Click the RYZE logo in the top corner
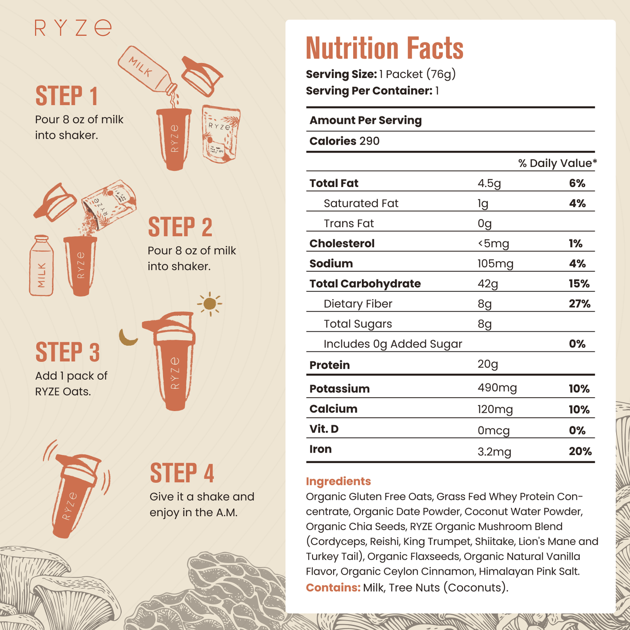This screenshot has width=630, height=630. coord(73,28)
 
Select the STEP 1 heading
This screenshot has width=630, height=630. coord(66,96)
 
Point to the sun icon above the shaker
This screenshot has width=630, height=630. coord(210,303)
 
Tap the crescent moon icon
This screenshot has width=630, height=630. coord(127,338)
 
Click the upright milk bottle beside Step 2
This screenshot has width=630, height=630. coord(41,266)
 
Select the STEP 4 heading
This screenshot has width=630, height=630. coord(182,473)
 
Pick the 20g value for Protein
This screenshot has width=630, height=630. coord(487,364)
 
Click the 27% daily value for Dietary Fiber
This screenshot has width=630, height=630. coord(579,304)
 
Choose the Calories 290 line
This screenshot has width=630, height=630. coord(344,141)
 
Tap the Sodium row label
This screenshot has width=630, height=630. coord(331,264)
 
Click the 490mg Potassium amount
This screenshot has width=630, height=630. coord(497,388)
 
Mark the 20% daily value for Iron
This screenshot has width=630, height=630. coord(580,452)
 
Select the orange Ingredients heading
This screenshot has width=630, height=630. coord(338,481)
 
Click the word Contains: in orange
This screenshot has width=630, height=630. coord(333,588)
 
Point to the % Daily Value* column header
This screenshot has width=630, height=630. coord(557,163)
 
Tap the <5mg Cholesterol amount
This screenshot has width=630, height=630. coord(493,244)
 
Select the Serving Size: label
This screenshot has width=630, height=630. coord(341,75)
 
